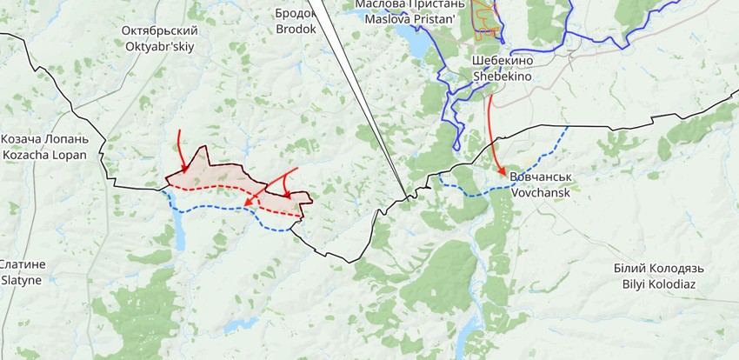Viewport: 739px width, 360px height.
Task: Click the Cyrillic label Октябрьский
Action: pos(159,31)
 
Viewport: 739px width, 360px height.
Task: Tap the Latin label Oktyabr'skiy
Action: pos(159,47)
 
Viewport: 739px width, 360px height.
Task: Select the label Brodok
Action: pos(296,29)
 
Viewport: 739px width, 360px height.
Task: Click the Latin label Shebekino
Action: pos(502,77)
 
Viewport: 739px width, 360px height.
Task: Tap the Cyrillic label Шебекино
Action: pos(502,61)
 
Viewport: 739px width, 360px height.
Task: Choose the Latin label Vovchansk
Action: pos(541,192)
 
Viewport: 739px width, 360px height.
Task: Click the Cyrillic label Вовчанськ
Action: pos(541,177)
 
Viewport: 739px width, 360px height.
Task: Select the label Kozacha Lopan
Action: pos(44,155)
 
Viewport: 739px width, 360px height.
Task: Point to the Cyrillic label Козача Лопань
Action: pos(44,139)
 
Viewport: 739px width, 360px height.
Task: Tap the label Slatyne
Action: pos(21,280)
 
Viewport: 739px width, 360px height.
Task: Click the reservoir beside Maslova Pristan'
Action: pos(416,40)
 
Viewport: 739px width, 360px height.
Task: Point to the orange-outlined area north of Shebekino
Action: pos(487,17)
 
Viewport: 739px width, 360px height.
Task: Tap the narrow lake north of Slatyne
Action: pos(178,229)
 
